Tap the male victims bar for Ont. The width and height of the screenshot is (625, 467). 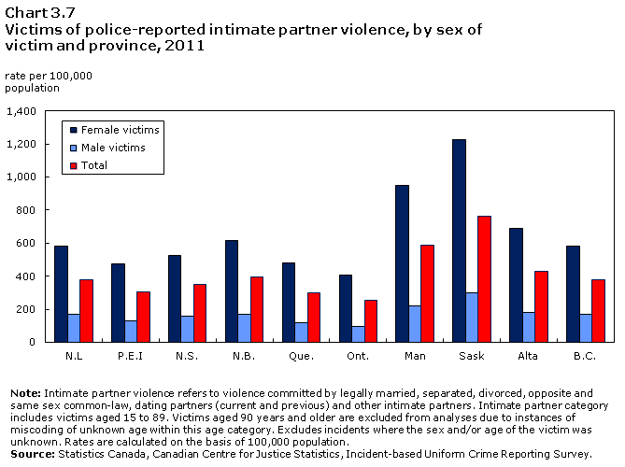tap(358, 333)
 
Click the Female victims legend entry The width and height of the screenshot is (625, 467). tap(120, 130)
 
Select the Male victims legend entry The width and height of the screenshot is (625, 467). tap(113, 148)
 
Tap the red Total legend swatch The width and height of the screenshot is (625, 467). tap(73, 165)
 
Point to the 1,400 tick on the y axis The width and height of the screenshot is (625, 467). tap(21, 111)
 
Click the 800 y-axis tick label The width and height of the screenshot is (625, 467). tap(26, 210)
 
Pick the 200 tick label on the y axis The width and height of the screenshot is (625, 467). tap(26, 309)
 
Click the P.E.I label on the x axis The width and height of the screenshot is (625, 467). tap(129, 356)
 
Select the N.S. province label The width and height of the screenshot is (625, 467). tap(186, 356)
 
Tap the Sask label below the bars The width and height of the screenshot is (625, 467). tap(471, 356)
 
